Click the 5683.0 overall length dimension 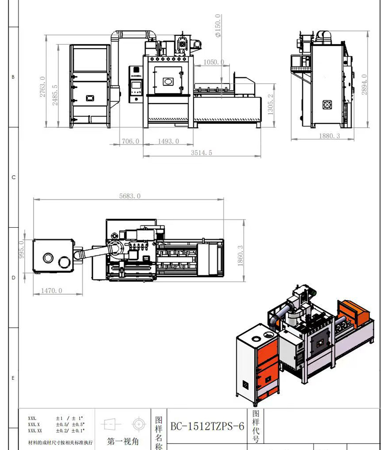click(x=130, y=196)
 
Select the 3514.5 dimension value click(x=201, y=152)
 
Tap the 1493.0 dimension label click(x=169, y=141)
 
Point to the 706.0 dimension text click(x=130, y=141)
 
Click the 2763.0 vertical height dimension click(x=42, y=87)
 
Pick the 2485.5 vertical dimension click(x=55, y=96)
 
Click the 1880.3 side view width click(x=330, y=136)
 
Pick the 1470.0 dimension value click(x=52, y=291)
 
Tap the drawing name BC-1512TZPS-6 click(x=207, y=427)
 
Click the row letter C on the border click(x=14, y=178)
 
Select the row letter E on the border click(x=14, y=378)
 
